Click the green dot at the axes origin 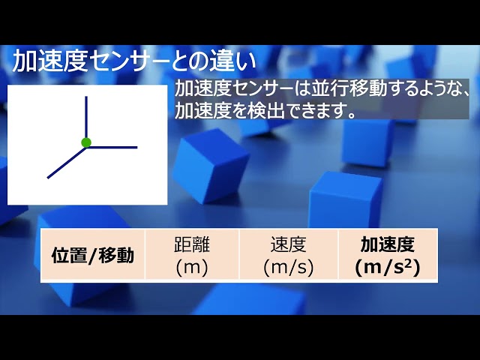pyautogui.click(x=86, y=142)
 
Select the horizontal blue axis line pyautogui.click(x=112, y=147)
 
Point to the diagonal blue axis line pyautogui.click(x=67, y=163)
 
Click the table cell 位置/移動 pyautogui.click(x=93, y=256)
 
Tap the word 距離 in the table pyautogui.click(x=192, y=244)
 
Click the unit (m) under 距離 pyautogui.click(x=192, y=267)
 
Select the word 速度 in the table pyautogui.click(x=288, y=244)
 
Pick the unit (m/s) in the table pyautogui.click(x=288, y=267)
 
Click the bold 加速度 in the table pyautogui.click(x=388, y=244)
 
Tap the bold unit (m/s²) pyautogui.click(x=388, y=267)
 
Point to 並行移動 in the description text pyautogui.click(x=349, y=89)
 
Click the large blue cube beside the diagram pyautogui.click(x=210, y=166)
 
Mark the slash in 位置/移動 pyautogui.click(x=93, y=256)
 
